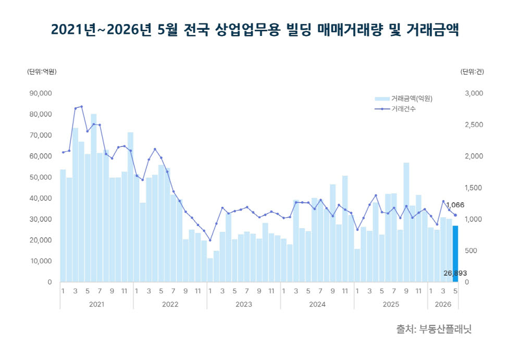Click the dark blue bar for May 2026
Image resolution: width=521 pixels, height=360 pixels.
pyautogui.click(x=455, y=254)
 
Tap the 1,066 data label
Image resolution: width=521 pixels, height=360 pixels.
pyautogui.click(x=455, y=205)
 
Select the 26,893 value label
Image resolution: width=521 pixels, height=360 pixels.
pyautogui.click(x=455, y=273)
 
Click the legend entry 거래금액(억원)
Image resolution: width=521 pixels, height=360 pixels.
pyautogui.click(x=404, y=98)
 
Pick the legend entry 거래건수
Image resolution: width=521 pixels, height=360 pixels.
pyautogui.click(x=395, y=109)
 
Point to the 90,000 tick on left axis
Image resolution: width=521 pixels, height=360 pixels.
pyautogui.click(x=41, y=93)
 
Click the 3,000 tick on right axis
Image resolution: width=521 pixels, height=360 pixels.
pyautogui.click(x=474, y=93)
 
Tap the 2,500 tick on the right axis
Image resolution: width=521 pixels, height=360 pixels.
pyautogui.click(x=474, y=125)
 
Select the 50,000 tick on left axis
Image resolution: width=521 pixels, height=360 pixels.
pyautogui.click(x=41, y=177)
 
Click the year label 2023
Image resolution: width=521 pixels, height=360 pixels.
pyautogui.click(x=243, y=304)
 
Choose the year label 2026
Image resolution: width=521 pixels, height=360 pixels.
pyautogui.click(x=443, y=304)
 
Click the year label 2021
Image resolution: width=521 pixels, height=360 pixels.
pyautogui.click(x=97, y=304)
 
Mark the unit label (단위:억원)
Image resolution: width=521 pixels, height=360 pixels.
pyautogui.click(x=42, y=71)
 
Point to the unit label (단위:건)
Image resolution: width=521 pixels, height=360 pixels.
pyautogui.click(x=472, y=71)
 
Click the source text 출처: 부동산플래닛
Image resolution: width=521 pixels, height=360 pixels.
pyautogui.click(x=433, y=329)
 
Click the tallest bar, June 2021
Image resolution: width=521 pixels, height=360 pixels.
pyautogui.click(x=94, y=198)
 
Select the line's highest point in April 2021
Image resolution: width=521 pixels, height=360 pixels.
pyautogui.click(x=81, y=107)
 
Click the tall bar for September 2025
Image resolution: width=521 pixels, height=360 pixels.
pyautogui.click(x=406, y=222)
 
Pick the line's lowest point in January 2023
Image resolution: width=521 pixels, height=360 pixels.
pyautogui.click(x=210, y=240)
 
